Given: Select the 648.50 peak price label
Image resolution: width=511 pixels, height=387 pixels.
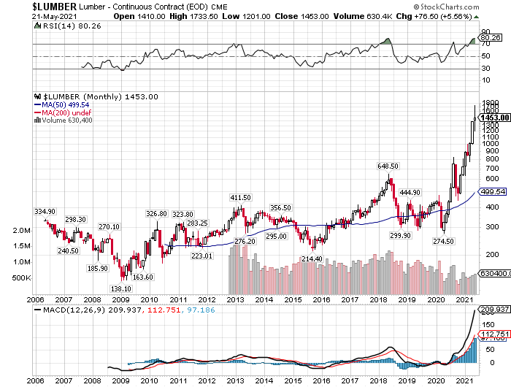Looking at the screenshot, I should tap(387, 166).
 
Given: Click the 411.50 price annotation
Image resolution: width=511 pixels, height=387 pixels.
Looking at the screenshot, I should tap(240, 198).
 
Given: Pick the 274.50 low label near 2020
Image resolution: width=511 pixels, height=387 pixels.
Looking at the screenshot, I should tap(444, 240).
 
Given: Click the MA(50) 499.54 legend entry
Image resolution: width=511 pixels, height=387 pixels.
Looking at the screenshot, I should tap(66, 105).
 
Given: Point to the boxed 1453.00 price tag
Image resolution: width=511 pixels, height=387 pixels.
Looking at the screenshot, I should tap(494, 117).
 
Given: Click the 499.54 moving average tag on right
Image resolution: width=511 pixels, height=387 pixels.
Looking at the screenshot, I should tap(494, 191).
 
